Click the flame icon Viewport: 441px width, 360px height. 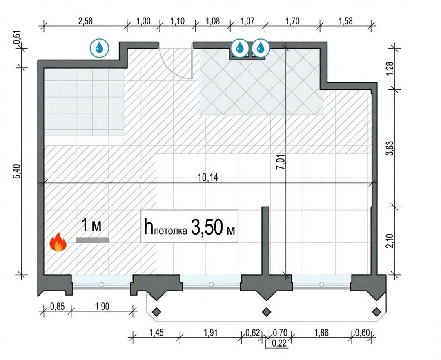[x=58, y=242]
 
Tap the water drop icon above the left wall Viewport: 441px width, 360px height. [x=99, y=48]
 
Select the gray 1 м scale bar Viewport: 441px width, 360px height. [x=92, y=240]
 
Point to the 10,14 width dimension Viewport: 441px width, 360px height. [x=208, y=178]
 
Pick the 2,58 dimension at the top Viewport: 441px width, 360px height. [x=85, y=21]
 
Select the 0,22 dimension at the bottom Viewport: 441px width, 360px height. [x=279, y=343]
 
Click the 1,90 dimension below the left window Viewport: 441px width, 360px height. [x=102, y=306]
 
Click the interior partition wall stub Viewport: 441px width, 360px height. [x=265, y=240]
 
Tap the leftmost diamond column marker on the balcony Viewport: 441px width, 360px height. [x=156, y=312]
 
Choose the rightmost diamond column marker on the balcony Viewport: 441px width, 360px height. [x=376, y=312]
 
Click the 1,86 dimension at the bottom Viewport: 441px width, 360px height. [x=321, y=333]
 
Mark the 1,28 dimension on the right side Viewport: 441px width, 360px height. [x=390, y=69]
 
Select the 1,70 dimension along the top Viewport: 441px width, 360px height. [x=292, y=21]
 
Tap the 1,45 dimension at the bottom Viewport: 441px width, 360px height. [x=156, y=333]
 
